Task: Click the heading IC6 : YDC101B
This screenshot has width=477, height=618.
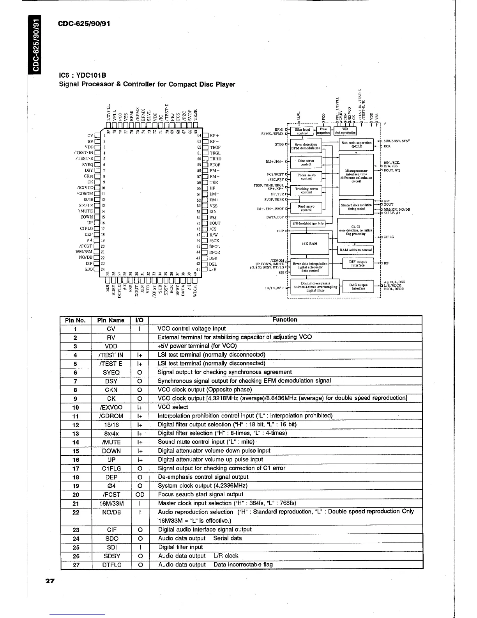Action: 82,75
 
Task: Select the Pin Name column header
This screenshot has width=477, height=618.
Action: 111,320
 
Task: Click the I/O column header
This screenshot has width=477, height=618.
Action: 139,320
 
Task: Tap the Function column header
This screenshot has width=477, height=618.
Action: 284,320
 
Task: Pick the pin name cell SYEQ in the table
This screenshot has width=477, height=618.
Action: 111,373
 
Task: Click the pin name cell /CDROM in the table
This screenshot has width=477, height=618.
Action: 111,416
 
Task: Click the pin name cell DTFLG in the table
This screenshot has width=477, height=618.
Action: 111,565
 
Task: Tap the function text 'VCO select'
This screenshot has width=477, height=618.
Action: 173,407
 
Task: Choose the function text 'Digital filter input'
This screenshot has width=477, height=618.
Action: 180,547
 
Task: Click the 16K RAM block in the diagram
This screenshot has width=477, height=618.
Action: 310,244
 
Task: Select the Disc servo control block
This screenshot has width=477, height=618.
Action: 306,162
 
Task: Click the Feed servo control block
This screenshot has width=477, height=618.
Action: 306,208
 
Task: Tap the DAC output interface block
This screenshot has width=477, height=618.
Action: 358,287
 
